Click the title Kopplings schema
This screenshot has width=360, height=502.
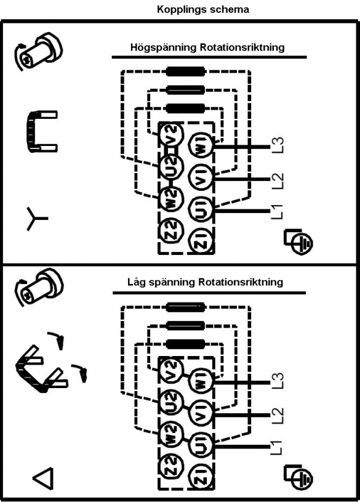(203, 9)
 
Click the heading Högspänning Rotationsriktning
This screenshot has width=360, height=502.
(207, 47)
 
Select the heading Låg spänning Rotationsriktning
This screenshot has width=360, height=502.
(205, 282)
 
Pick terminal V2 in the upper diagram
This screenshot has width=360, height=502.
(172, 134)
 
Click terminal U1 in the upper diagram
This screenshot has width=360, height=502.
(201, 209)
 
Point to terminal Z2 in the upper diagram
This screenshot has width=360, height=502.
(172, 230)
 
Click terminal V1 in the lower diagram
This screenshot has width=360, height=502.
(201, 414)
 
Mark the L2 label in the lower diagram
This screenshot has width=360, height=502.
(278, 415)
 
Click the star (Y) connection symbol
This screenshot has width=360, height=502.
(36, 219)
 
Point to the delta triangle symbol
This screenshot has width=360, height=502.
(43, 479)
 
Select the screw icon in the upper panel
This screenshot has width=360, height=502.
(38, 51)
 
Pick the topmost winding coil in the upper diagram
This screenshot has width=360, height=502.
(185, 71)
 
